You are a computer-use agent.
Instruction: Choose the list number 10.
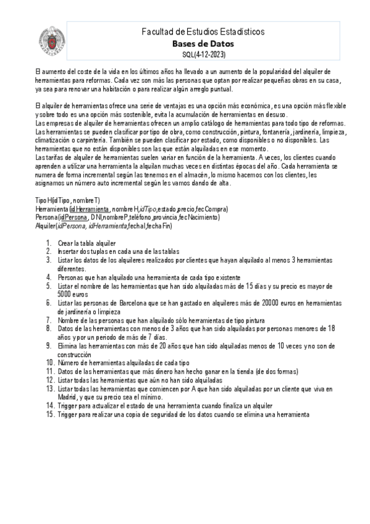click(49, 363)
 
